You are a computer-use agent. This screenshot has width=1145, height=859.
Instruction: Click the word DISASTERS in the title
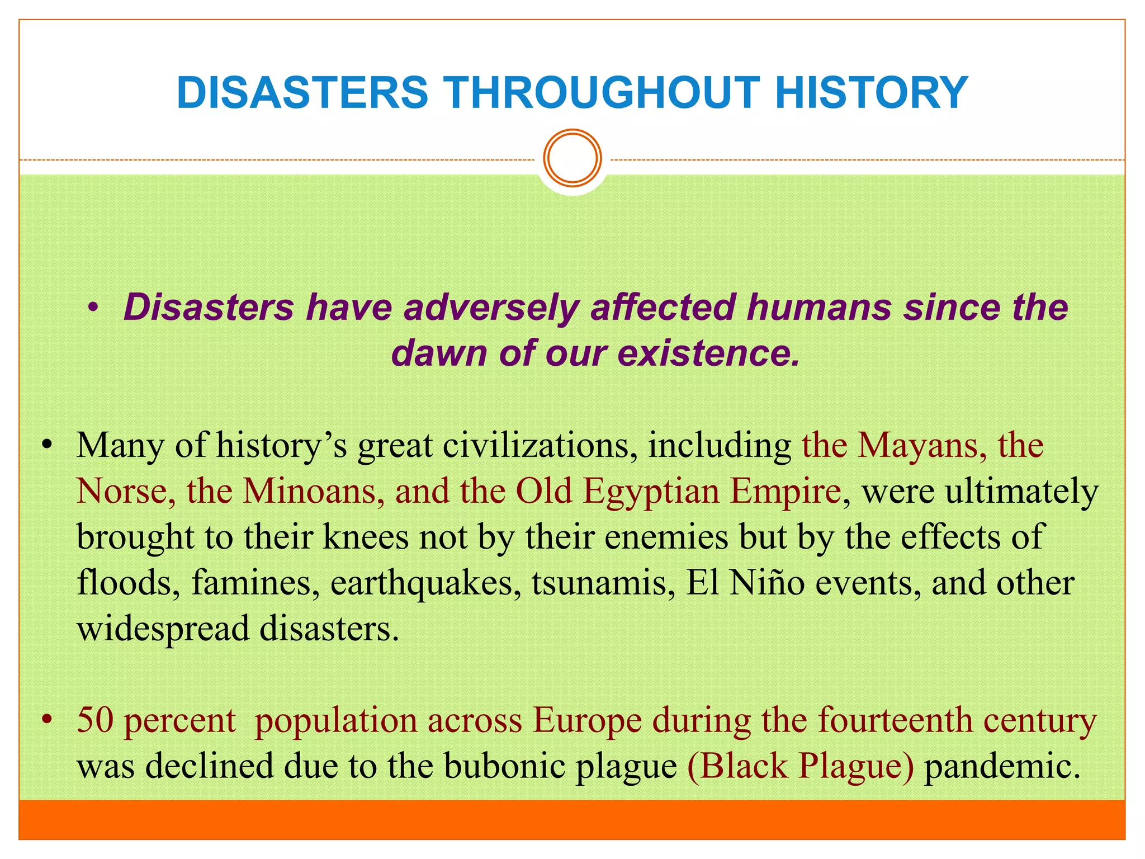(302, 92)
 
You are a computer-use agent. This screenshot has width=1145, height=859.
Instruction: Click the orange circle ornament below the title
(572, 158)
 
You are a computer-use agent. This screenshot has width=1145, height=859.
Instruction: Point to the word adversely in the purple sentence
(491, 308)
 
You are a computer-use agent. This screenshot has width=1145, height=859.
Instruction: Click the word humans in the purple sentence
(818, 308)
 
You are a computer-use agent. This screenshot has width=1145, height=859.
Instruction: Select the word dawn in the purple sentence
(438, 353)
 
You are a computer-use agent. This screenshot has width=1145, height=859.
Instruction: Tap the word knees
(366, 537)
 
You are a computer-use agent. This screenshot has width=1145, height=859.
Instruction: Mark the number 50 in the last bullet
(95, 720)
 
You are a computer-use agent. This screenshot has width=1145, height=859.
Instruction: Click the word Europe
(587, 721)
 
